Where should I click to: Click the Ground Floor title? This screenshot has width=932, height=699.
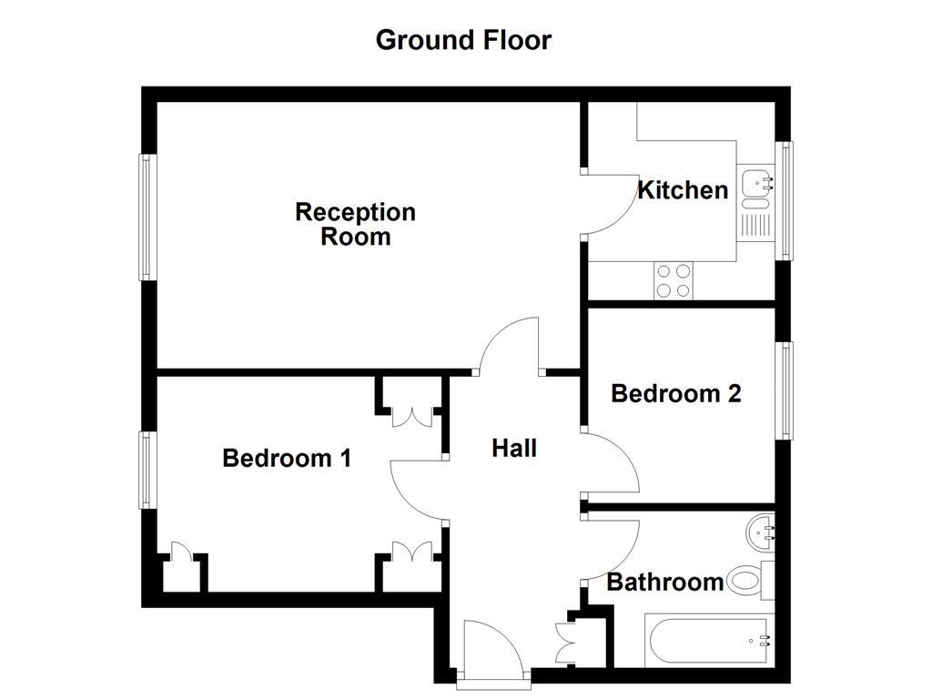click(463, 40)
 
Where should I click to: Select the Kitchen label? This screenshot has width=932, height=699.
click(682, 190)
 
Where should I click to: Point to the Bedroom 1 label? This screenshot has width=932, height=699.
click(287, 458)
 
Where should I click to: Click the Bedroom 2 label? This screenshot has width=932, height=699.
click(675, 393)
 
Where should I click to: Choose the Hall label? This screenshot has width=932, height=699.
click(514, 448)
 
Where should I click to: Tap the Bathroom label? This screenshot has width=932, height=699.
click(664, 582)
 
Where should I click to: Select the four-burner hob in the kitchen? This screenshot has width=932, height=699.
click(673, 280)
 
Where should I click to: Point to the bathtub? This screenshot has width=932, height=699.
click(709, 641)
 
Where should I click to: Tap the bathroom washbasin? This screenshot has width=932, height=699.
click(761, 532)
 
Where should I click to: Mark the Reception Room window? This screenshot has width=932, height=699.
click(144, 217)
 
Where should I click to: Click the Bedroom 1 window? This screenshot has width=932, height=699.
click(144, 470)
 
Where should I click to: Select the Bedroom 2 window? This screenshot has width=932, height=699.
click(785, 390)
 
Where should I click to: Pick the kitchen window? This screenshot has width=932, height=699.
click(785, 200)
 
